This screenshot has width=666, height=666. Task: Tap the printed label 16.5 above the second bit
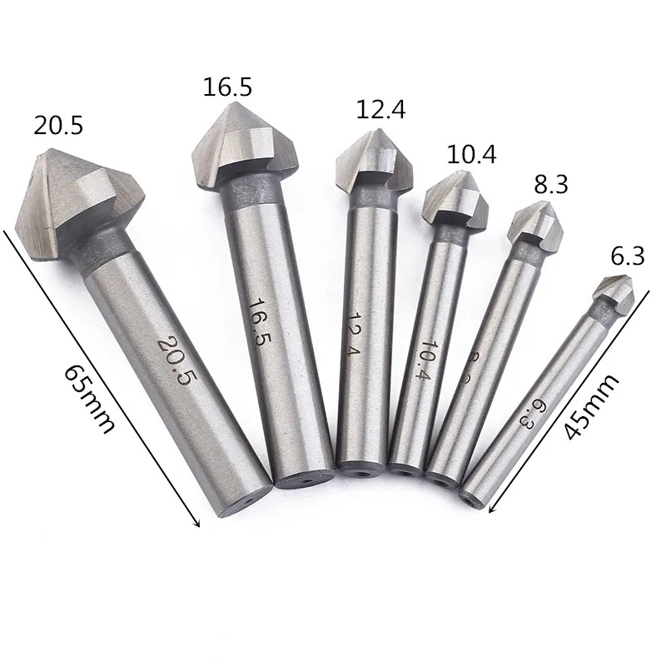click(x=227, y=87)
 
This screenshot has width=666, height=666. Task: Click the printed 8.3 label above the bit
click(x=551, y=184)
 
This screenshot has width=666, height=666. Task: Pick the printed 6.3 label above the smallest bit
click(x=628, y=257)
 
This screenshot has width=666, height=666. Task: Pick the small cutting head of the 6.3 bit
click(x=614, y=292)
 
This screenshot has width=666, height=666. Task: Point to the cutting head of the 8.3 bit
click(x=534, y=221)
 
